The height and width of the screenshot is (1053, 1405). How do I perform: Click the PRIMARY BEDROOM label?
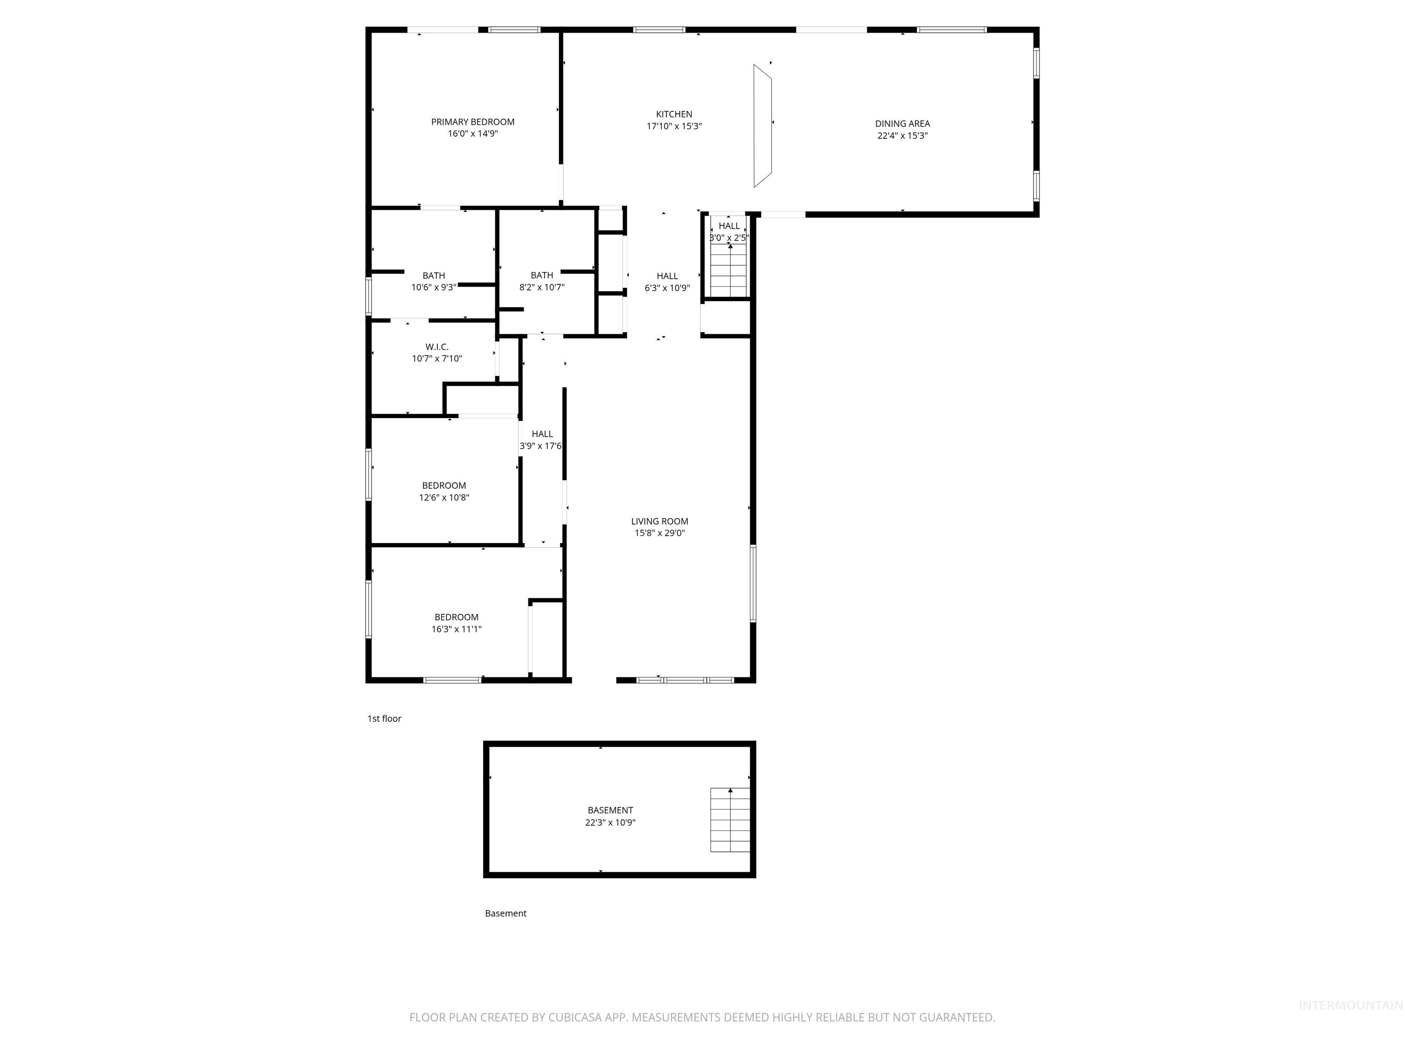[x=472, y=122]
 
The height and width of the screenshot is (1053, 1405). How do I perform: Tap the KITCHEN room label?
[x=674, y=114]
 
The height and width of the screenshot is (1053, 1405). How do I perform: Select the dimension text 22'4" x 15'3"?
[x=902, y=136]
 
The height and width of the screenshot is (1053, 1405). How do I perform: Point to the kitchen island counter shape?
[x=762, y=126]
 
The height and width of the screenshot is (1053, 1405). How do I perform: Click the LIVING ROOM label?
[x=660, y=521]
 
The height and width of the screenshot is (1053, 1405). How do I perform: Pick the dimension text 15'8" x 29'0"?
[x=660, y=533]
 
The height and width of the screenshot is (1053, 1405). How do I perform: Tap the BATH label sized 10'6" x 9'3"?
[x=434, y=276]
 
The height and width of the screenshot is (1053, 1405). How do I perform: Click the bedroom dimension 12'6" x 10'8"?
[x=444, y=498]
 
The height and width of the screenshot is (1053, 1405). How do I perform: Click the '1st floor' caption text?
[x=384, y=718]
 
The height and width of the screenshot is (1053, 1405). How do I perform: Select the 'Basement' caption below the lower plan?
[x=505, y=913]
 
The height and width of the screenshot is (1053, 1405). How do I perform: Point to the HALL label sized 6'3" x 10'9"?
[x=667, y=276]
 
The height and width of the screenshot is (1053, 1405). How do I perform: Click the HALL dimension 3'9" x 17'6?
[x=541, y=446]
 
